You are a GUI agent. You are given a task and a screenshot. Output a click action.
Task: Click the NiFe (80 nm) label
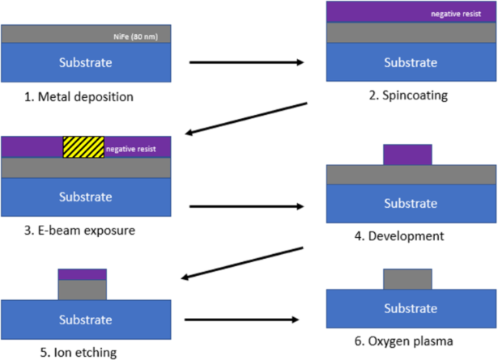(x=143, y=35)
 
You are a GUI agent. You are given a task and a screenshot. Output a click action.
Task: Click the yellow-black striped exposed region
(x=83, y=146)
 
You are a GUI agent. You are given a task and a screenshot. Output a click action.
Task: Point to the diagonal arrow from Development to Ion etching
(x=243, y=262)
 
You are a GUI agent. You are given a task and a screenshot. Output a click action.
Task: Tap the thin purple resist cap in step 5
(x=83, y=274)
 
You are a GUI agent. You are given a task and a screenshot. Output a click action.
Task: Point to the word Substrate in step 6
(x=410, y=308)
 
